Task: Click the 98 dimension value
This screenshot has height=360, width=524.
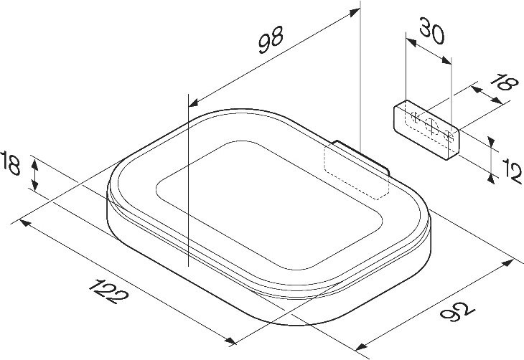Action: tap(271, 39)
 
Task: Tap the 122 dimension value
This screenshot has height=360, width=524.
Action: tap(108, 291)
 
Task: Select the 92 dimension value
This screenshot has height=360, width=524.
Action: tap(457, 311)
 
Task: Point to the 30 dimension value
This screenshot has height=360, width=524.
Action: tap(432, 31)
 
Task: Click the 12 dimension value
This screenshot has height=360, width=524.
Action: tap(512, 171)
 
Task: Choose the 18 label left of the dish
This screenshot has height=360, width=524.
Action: tap(10, 163)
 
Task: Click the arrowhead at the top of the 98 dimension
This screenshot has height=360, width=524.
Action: tap(355, 12)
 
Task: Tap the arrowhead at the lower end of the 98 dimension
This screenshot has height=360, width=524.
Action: tap(194, 103)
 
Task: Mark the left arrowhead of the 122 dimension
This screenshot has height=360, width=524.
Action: tap(25, 222)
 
